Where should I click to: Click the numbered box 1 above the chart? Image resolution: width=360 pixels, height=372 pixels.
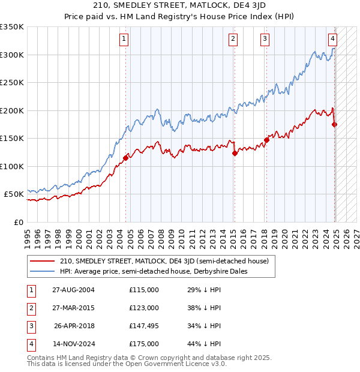tap(124, 40)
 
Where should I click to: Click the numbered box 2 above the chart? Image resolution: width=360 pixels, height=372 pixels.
tap(233, 40)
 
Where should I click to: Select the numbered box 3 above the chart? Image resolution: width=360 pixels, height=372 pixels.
tap(265, 40)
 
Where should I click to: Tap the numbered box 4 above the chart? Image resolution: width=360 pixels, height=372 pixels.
tap(332, 40)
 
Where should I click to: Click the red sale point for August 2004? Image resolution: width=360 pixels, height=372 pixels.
tap(126, 158)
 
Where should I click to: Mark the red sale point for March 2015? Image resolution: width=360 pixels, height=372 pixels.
tap(235, 154)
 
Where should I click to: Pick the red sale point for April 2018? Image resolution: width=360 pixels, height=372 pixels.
tap(266, 140)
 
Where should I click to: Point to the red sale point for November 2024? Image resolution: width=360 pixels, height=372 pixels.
tap(334, 125)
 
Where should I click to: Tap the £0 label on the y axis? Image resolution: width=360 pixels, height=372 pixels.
tap(17, 222)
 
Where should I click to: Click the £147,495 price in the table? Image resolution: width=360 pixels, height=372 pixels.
tap(144, 326)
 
